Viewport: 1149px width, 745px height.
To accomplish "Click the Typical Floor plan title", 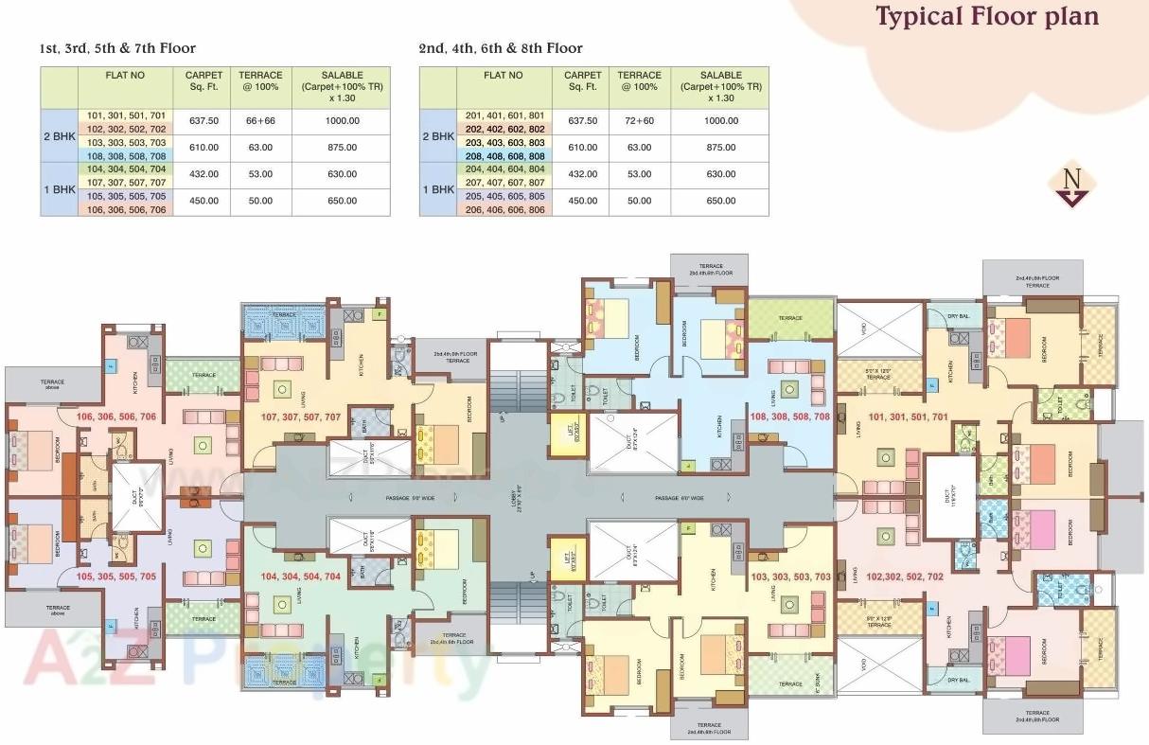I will point(987,18).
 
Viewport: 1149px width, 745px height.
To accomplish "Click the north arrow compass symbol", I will point(1071,186).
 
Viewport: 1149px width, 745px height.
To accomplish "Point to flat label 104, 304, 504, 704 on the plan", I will point(300,575).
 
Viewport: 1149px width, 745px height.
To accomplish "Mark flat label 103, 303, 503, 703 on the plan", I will point(791,576).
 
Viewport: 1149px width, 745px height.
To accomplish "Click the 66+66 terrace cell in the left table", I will point(259,121).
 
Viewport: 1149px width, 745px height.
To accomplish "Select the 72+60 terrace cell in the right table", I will point(639,121).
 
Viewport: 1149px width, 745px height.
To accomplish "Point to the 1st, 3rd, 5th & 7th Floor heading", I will point(117,48).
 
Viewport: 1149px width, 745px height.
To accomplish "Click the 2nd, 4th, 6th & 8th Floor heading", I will point(501,48).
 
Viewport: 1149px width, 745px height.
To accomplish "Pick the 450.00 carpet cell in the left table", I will point(203,201).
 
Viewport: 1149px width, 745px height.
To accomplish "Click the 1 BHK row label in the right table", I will point(437,188).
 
